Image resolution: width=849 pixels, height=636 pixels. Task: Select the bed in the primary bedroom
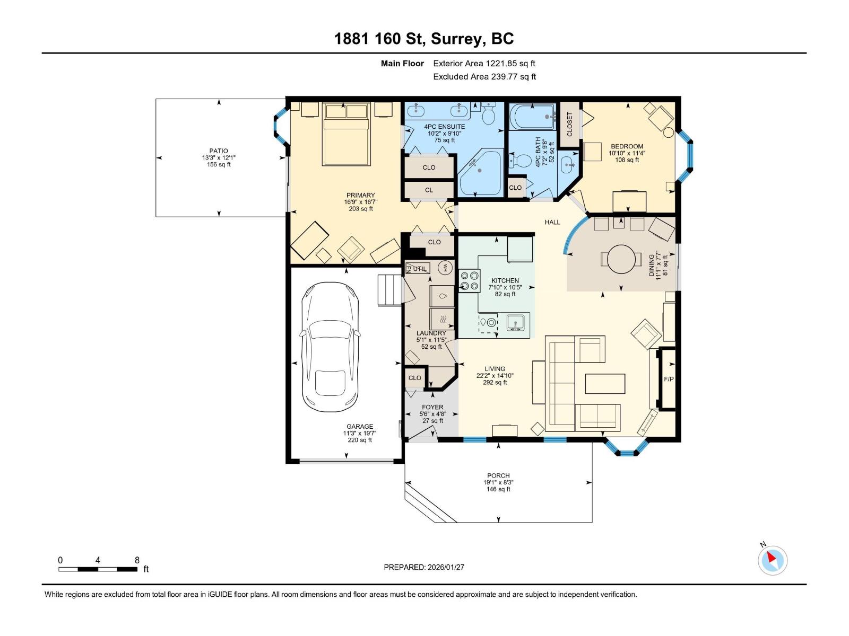point(346,134)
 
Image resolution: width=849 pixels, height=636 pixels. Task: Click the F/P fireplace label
point(669,379)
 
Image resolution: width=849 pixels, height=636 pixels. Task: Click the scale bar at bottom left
point(98,569)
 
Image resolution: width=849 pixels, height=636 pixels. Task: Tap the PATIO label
point(219,151)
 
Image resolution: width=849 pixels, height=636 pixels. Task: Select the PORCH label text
point(498,475)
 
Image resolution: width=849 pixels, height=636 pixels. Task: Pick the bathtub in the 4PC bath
point(532,117)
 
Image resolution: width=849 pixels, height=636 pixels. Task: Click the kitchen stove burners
point(469,280)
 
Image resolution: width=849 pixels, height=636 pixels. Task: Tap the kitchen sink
point(515,322)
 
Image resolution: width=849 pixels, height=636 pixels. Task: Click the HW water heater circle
point(446,268)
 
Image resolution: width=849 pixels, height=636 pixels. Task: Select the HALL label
point(552,222)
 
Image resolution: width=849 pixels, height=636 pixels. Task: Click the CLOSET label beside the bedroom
point(570,124)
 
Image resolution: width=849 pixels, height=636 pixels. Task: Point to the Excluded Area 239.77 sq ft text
point(484,77)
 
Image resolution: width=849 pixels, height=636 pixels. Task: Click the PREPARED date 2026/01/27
point(424,567)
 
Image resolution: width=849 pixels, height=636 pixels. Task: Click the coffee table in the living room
point(605,384)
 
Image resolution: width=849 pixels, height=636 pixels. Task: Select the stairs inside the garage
point(389,290)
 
